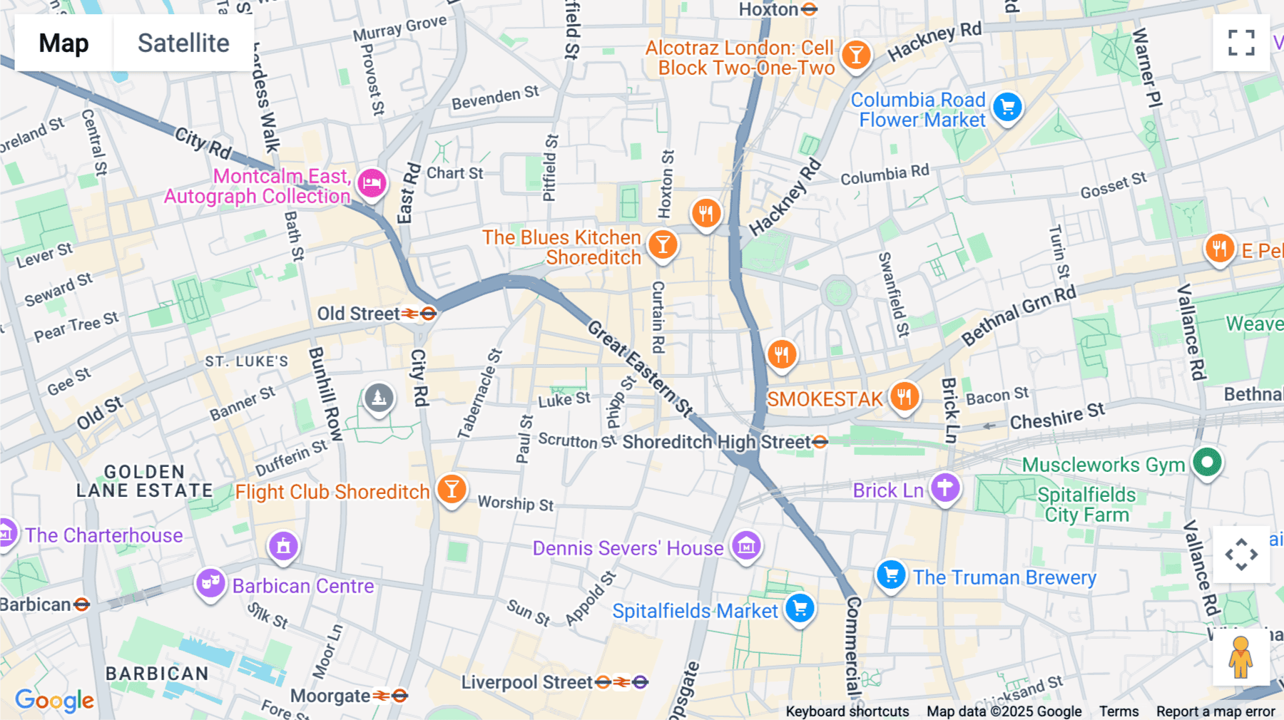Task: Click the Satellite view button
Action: [183, 43]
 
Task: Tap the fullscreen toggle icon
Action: [1241, 43]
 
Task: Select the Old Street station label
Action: [359, 314]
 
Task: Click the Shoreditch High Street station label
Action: [716, 442]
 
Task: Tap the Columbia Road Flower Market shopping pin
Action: [1007, 108]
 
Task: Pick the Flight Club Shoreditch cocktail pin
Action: [451, 488]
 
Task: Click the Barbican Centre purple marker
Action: [210, 583]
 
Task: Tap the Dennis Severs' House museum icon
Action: [746, 546]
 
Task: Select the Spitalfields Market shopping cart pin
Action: [800, 608]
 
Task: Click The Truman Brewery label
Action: [1004, 577]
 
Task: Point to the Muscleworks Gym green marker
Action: [1207, 463]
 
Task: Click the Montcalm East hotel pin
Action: [372, 183]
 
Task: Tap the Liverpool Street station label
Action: [526, 682]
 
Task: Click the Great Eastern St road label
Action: [639, 369]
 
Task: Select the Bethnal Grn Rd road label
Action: [1019, 315]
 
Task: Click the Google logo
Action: [54, 701]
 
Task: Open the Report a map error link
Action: [1215, 711]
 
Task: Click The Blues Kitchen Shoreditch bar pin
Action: [662, 245]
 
